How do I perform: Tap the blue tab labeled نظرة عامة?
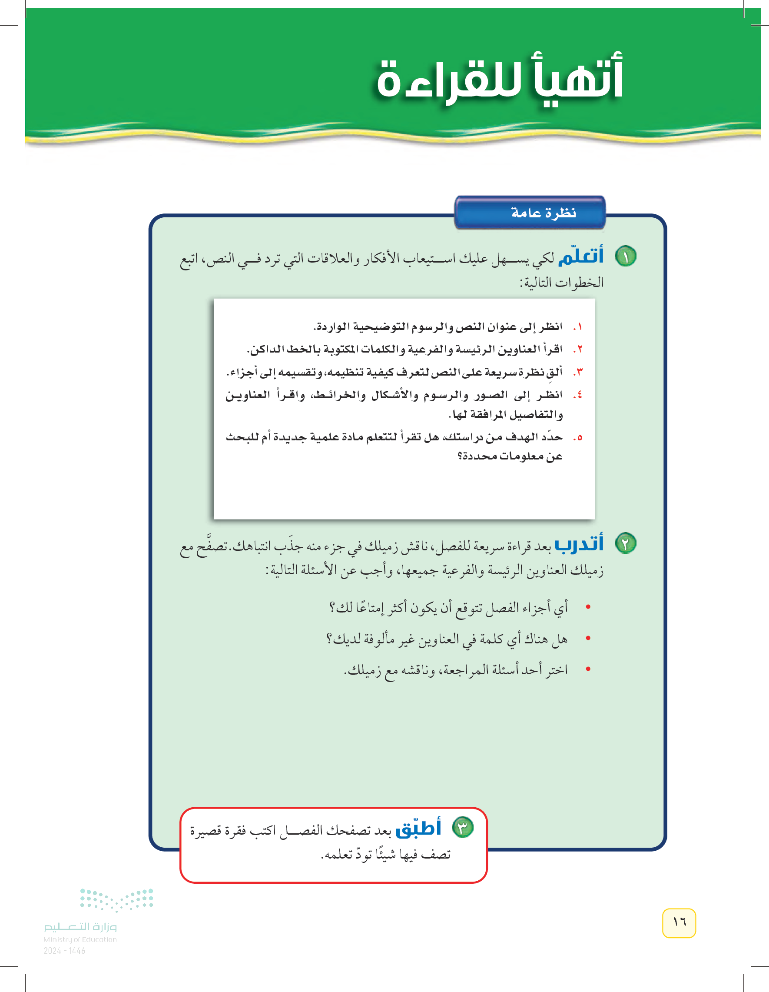[x=530, y=213]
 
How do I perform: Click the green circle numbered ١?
[x=625, y=256]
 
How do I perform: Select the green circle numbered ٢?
[x=625, y=543]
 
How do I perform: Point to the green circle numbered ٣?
[x=463, y=827]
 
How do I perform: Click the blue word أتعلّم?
[x=580, y=256]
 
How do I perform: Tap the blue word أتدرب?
[x=579, y=543]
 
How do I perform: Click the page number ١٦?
[x=679, y=922]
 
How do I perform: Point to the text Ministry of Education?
[x=80, y=939]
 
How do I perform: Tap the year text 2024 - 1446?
[x=64, y=951]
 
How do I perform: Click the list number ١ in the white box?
[x=578, y=327]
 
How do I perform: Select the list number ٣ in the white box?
[x=578, y=373]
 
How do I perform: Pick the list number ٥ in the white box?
[x=578, y=438]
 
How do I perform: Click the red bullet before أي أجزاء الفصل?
[x=588, y=607]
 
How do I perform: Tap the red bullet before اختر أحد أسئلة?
[x=588, y=669]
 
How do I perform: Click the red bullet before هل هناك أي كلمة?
[x=588, y=638]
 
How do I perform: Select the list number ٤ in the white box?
[x=578, y=395]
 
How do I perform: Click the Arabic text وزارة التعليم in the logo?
[x=80, y=927]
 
